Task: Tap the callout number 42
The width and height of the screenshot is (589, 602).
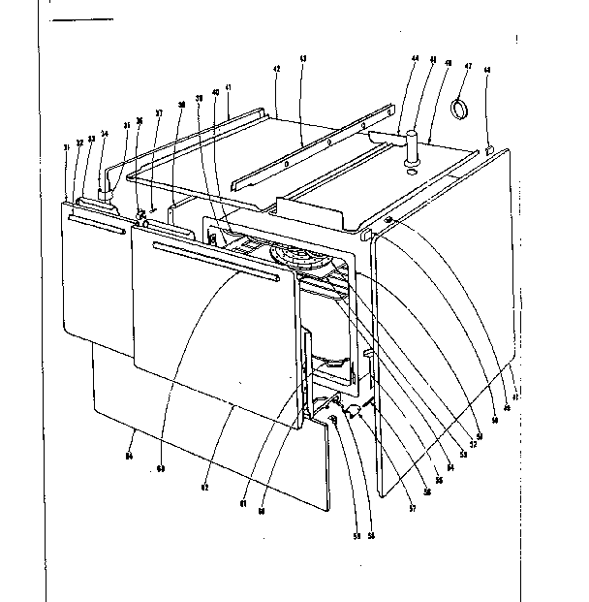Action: coord(277,71)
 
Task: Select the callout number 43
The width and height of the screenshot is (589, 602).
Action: coord(303,60)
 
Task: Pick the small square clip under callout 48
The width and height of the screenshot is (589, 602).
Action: coord(487,150)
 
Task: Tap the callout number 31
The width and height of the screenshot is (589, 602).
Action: coord(65,148)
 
